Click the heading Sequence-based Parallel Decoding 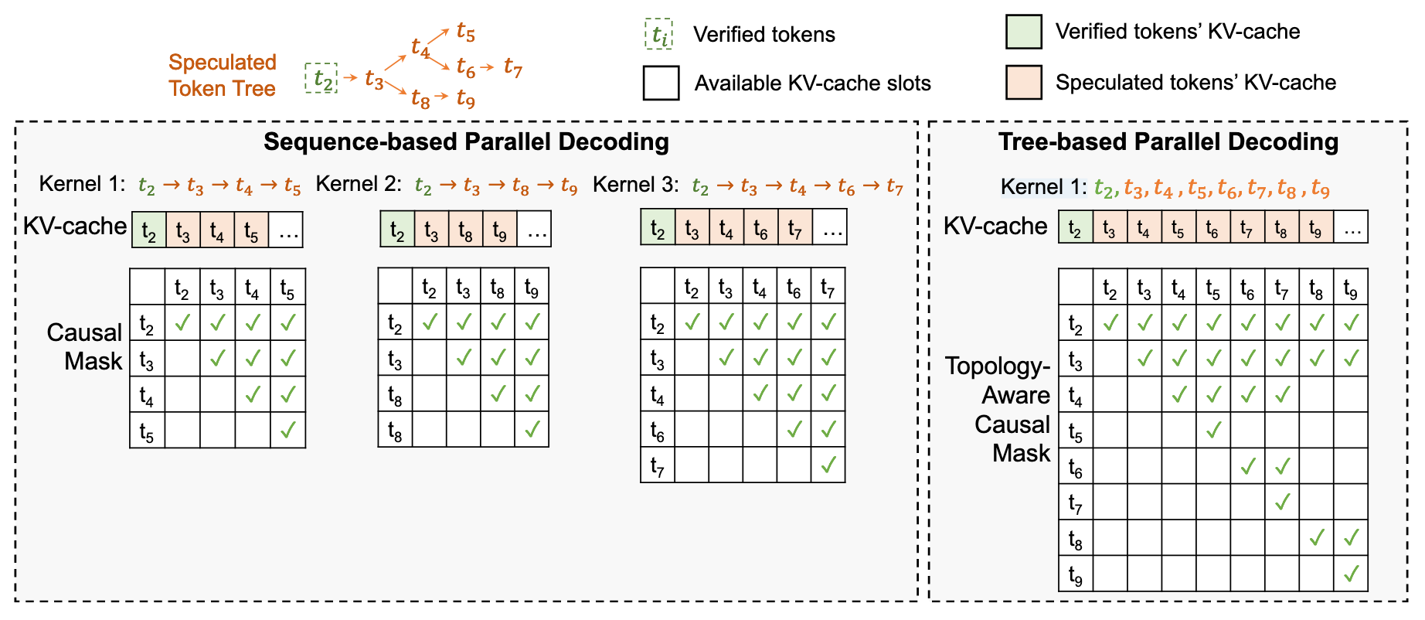coord(466,142)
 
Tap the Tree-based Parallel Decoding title coord(1168,142)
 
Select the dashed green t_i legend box coord(659,34)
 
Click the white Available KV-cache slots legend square coord(661,83)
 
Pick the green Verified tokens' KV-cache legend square coord(1024,32)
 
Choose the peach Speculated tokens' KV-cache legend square coord(1024,83)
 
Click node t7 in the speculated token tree coord(513,68)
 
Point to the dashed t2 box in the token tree coord(321,78)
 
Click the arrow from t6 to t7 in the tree coord(487,67)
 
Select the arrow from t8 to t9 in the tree coord(441,96)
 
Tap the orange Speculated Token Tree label coord(223,76)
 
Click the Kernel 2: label coord(359,184)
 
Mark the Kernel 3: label coord(635,185)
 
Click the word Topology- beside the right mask coord(998,366)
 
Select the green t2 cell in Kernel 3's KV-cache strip coord(658,227)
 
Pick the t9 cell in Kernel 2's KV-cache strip coord(500,230)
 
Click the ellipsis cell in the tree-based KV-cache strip coord(1351,227)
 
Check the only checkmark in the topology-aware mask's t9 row coord(1351,574)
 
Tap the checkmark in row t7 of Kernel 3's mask coord(828,465)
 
